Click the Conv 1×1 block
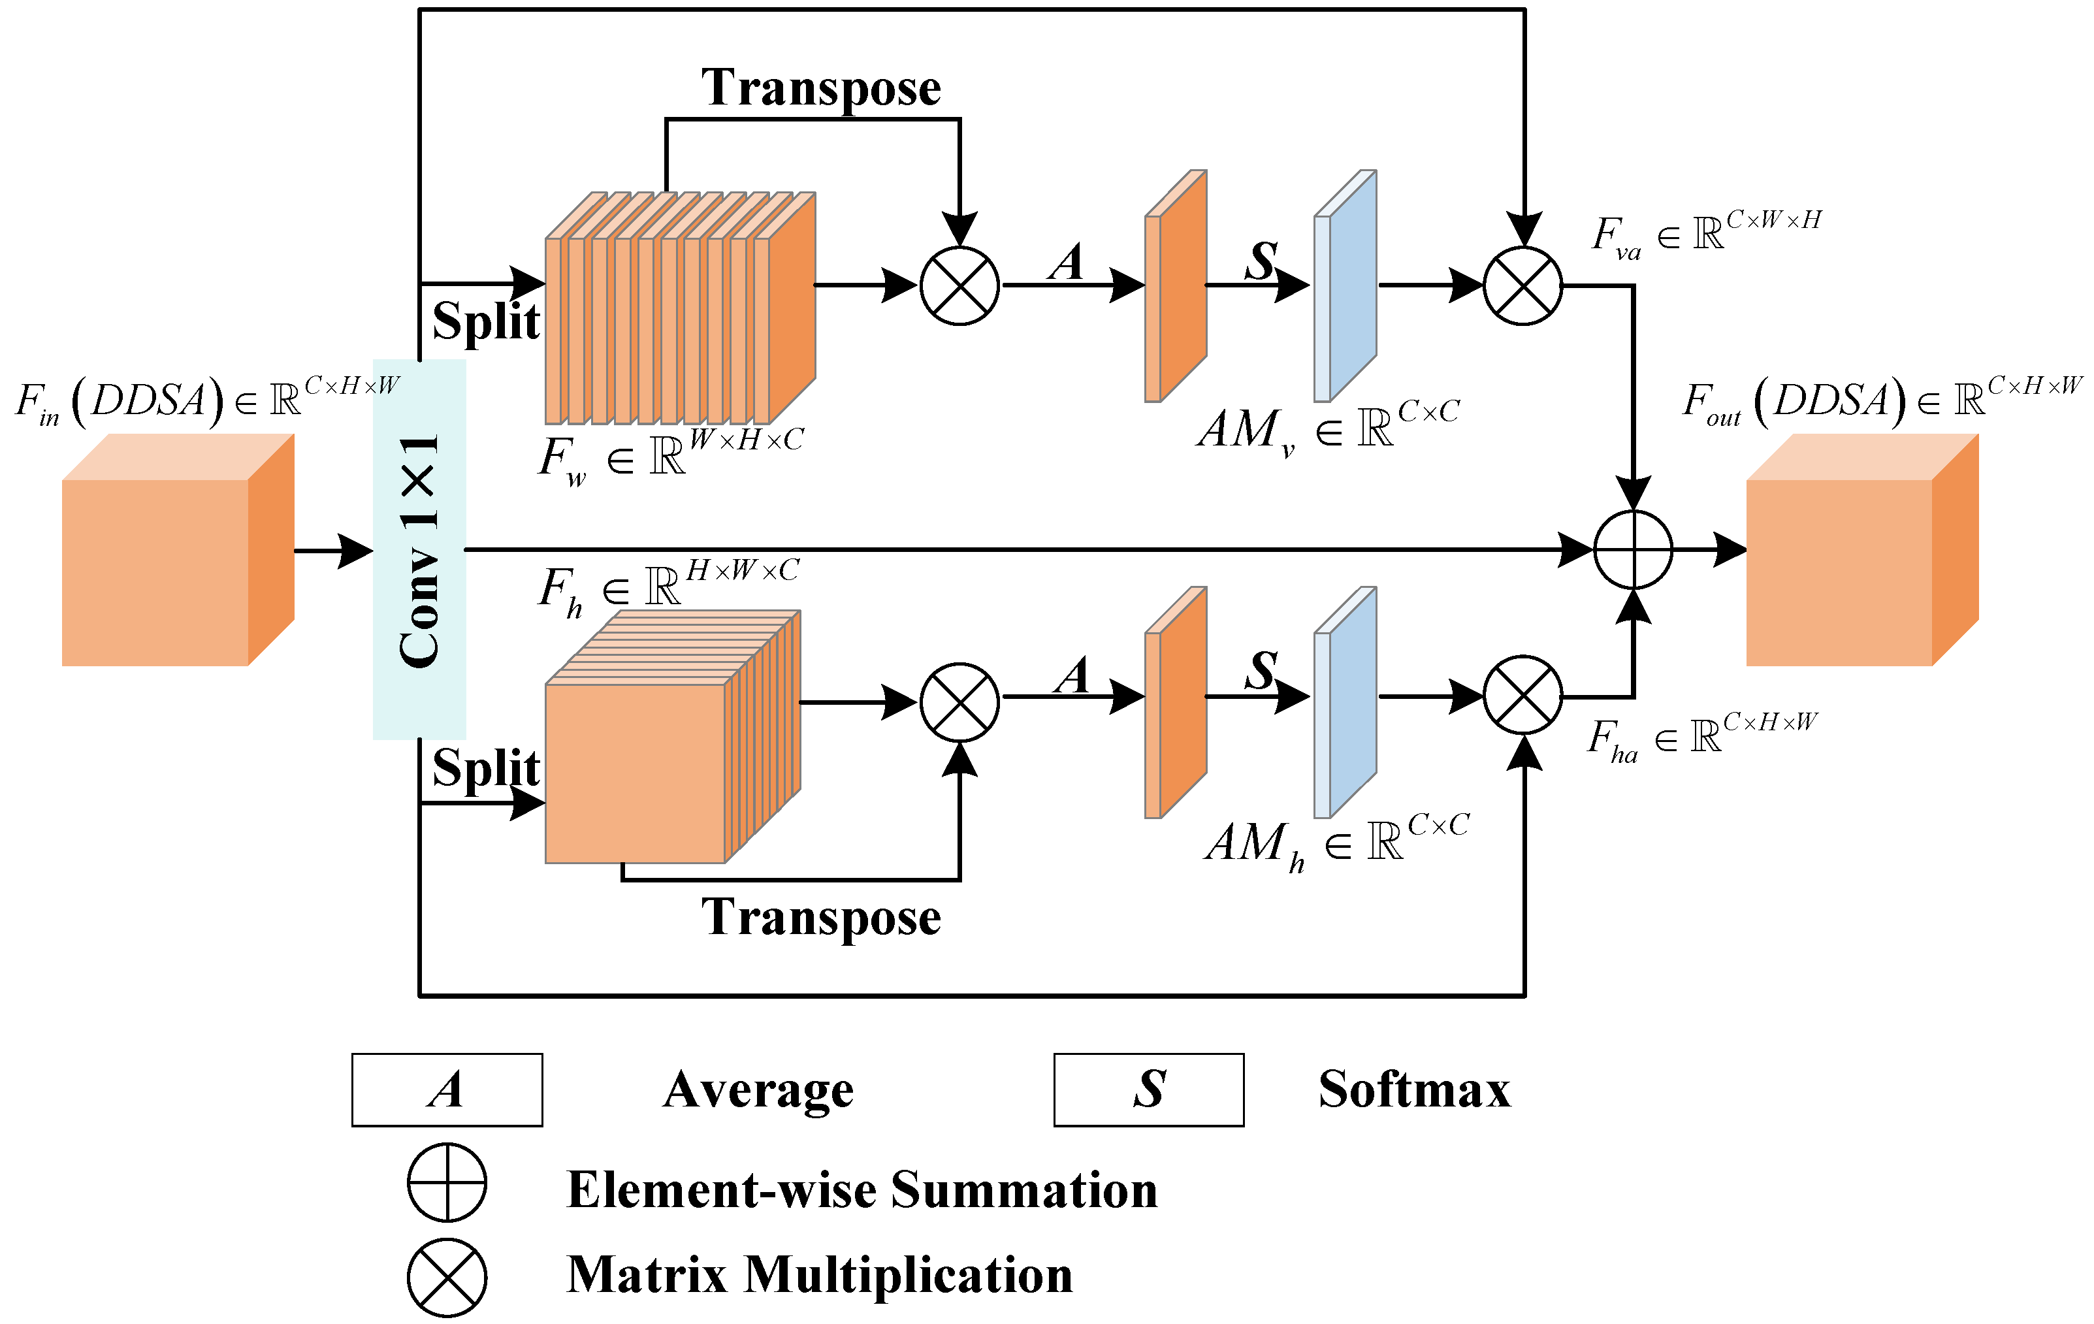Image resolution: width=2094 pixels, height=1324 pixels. coord(419,550)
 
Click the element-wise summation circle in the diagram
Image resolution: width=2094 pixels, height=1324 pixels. coord(1632,550)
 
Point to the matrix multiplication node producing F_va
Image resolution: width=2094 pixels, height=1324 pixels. coord(1522,285)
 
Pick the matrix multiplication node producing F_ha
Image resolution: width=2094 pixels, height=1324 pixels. coord(1522,695)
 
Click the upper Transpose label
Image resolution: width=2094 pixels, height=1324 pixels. coord(821,88)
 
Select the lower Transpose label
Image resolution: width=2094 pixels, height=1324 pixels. coord(821,917)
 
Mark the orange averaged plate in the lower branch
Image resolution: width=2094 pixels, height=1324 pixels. coord(1176,703)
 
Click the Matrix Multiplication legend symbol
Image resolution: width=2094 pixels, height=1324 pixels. coord(447,1278)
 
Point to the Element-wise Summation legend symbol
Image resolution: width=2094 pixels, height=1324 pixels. coord(447,1182)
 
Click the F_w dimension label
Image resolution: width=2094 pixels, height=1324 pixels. coord(669,456)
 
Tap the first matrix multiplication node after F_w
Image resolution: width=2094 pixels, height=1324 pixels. coord(959,285)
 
